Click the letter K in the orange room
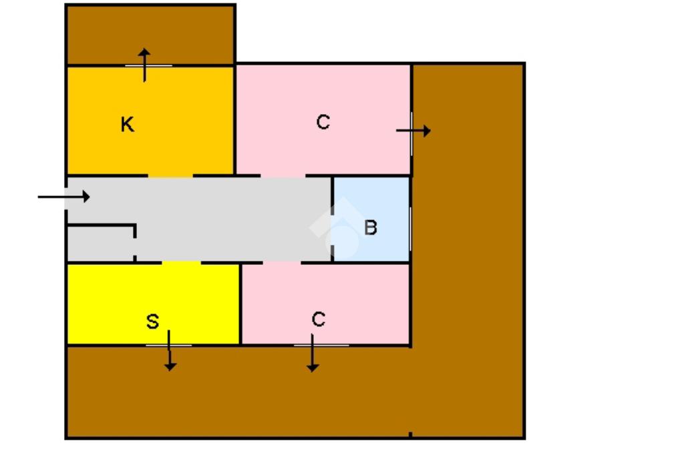(x=127, y=125)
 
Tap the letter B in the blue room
(x=370, y=227)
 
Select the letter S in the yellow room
(x=152, y=322)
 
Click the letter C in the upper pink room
(x=323, y=122)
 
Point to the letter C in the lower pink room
(x=318, y=320)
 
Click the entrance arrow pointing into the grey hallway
(x=63, y=197)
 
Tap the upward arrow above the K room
(x=144, y=64)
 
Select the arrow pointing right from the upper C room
(x=413, y=131)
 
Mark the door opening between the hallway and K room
(x=170, y=176)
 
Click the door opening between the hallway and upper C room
(x=283, y=176)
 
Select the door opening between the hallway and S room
(x=182, y=262)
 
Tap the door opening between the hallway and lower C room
(x=281, y=262)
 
